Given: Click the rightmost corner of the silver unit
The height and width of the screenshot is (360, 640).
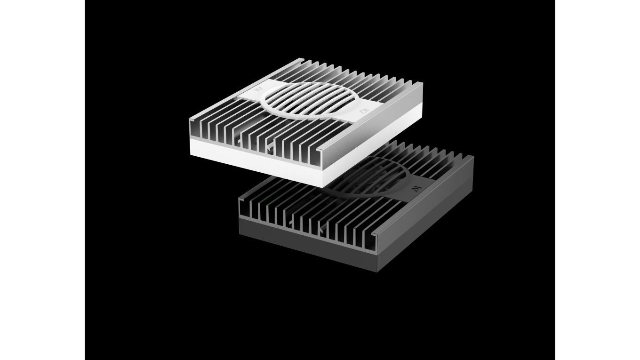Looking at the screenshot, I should tap(422, 83).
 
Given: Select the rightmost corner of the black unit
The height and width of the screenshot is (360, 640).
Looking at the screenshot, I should tap(473, 156).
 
